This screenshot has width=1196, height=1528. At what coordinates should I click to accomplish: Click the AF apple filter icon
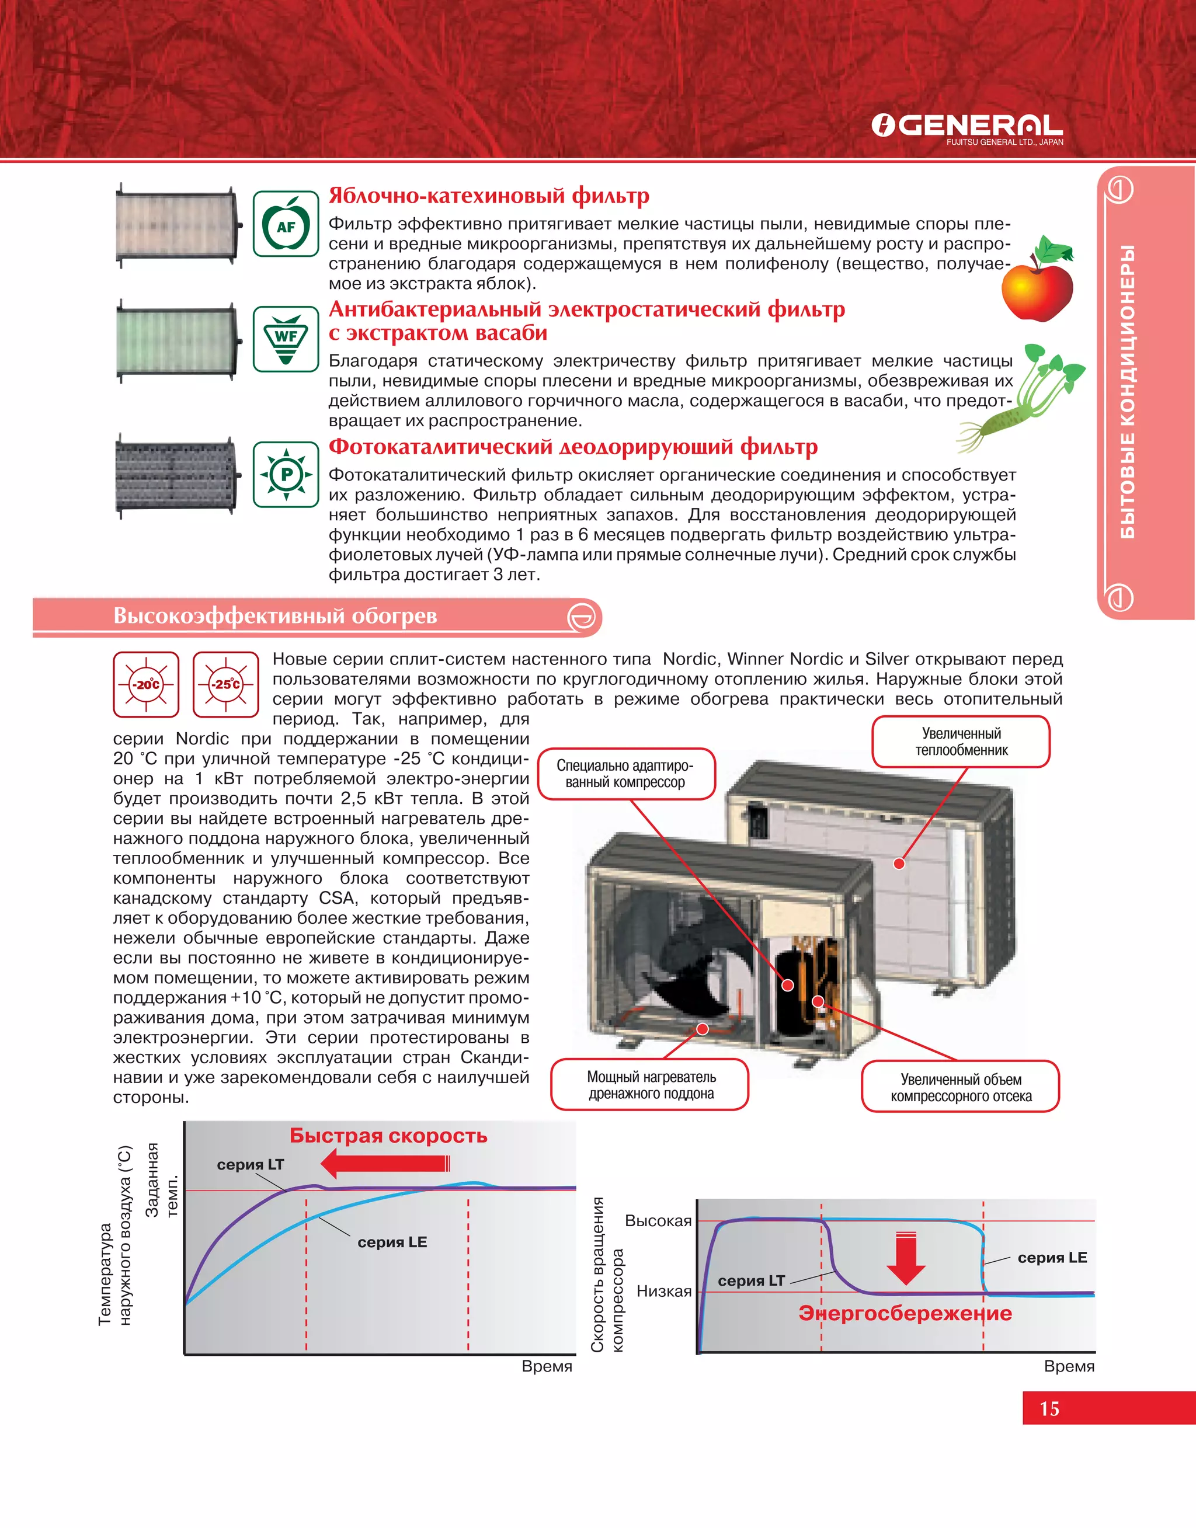coord(286,224)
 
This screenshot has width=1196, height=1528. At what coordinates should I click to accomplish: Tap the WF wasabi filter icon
coord(286,339)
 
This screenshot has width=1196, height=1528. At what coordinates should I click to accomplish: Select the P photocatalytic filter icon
coord(286,475)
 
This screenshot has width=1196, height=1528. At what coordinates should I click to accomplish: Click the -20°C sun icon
coord(147,684)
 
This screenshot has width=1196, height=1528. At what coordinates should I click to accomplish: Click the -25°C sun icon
coord(226,684)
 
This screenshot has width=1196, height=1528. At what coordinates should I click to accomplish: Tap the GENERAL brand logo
coord(967,127)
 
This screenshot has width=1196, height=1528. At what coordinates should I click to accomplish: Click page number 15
coord(1049,1408)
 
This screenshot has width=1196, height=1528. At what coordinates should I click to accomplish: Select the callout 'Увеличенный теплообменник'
coord(961,742)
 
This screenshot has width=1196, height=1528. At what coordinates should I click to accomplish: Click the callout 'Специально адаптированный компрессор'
coord(625,774)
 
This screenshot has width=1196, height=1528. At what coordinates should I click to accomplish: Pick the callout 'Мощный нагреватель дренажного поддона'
coord(651,1085)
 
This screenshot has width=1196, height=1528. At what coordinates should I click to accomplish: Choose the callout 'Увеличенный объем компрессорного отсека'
coord(961,1087)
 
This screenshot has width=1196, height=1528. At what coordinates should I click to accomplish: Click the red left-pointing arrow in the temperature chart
coord(384,1163)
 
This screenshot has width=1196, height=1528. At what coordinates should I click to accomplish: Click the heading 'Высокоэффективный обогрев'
coord(275,616)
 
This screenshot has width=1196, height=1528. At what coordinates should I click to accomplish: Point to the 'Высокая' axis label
coord(658,1221)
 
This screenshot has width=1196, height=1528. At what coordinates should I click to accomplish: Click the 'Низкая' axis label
coord(663,1291)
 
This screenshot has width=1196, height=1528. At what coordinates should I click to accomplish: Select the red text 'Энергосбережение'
coord(905,1313)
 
